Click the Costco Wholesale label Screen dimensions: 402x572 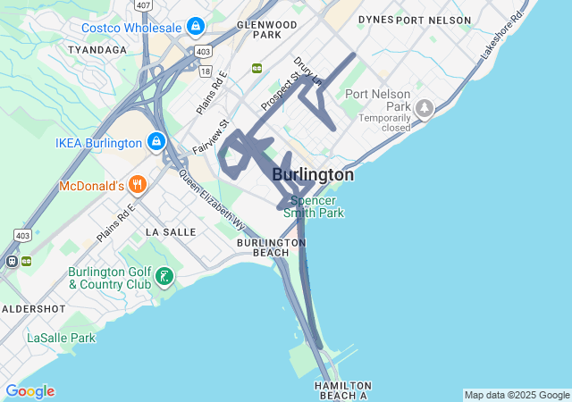(x=131, y=28)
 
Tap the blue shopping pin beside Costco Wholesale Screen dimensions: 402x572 (x=196, y=28)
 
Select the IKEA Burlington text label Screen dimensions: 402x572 (x=98, y=143)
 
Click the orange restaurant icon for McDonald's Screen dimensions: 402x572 (x=137, y=186)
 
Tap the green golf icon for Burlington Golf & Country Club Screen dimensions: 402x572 (x=164, y=277)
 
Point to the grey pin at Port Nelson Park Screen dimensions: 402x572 (x=424, y=109)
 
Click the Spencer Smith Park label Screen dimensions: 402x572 (x=314, y=206)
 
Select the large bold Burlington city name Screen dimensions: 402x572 (x=312, y=175)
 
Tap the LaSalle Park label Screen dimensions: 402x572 (x=61, y=339)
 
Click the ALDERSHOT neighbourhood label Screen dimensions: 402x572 (x=33, y=308)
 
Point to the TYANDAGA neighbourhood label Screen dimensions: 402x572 (x=97, y=50)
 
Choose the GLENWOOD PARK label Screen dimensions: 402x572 (x=267, y=29)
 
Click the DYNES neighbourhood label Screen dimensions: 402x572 (x=374, y=19)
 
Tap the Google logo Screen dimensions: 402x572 (x=29, y=391)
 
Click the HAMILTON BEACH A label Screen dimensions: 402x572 (x=341, y=389)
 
